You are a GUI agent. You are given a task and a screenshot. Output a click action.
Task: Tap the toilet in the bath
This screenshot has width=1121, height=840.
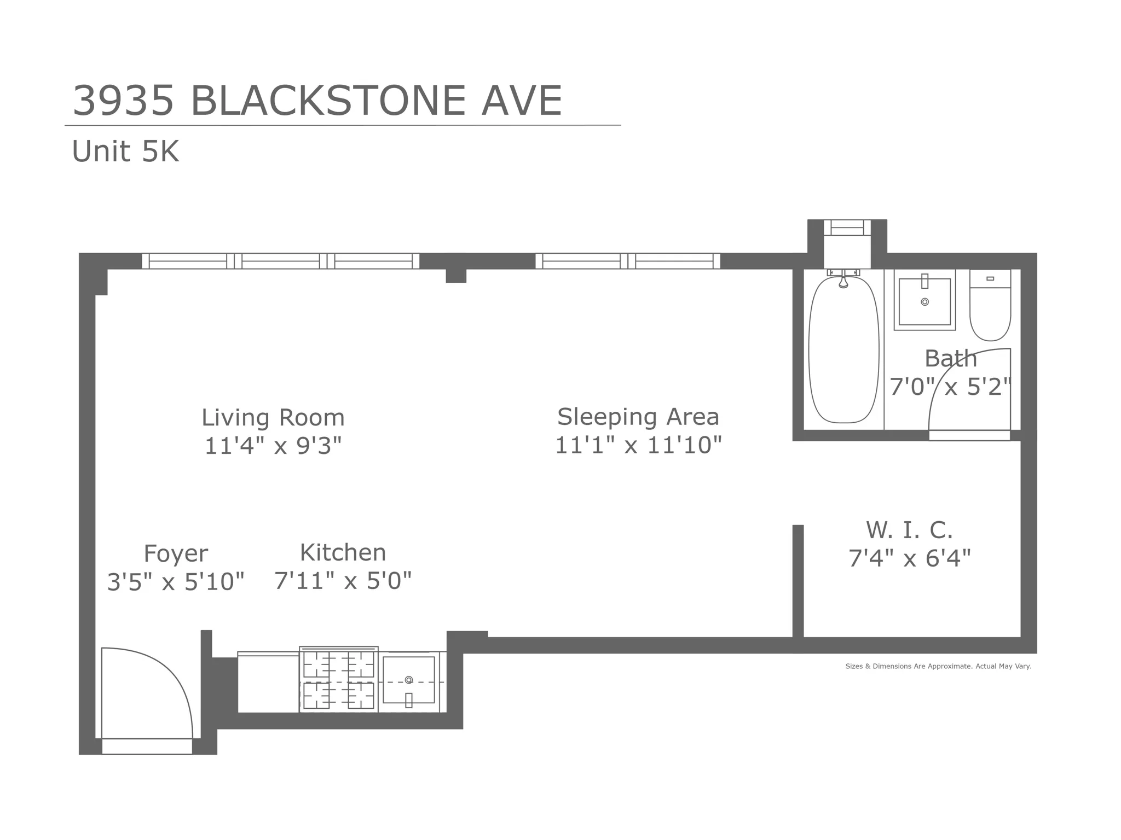[x=990, y=312]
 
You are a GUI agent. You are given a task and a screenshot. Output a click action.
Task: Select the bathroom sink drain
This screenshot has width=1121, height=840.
[x=924, y=302]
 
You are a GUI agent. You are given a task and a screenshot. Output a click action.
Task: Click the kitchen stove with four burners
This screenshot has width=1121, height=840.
[x=339, y=680]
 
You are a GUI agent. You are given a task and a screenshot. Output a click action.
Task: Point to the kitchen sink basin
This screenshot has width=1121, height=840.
[x=409, y=680]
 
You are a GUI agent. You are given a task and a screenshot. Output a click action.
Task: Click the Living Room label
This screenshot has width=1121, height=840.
[x=273, y=418]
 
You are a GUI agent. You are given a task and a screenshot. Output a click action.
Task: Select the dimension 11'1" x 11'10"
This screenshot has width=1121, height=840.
[x=638, y=445]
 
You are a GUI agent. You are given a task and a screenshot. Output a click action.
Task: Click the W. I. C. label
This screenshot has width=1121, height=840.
[x=909, y=530]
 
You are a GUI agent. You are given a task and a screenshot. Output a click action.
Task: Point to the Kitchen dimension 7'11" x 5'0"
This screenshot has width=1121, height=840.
[x=343, y=581]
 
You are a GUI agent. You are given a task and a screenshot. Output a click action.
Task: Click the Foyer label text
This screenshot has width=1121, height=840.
[x=176, y=553]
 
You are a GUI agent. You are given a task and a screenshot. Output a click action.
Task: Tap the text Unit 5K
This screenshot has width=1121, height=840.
[x=125, y=151]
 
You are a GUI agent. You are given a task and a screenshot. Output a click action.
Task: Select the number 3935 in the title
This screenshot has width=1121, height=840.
[x=124, y=101]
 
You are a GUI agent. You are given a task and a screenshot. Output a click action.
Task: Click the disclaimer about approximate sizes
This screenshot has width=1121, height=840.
[x=938, y=666]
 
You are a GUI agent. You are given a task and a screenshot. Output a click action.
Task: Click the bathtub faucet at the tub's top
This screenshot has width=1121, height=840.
[x=843, y=280]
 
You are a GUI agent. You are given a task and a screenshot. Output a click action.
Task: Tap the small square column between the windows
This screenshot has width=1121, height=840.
[x=455, y=275]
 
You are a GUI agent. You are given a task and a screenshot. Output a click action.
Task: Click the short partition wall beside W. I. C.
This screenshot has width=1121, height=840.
[x=798, y=582]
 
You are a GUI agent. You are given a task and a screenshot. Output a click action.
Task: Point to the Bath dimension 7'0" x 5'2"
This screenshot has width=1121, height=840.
[x=950, y=387]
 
